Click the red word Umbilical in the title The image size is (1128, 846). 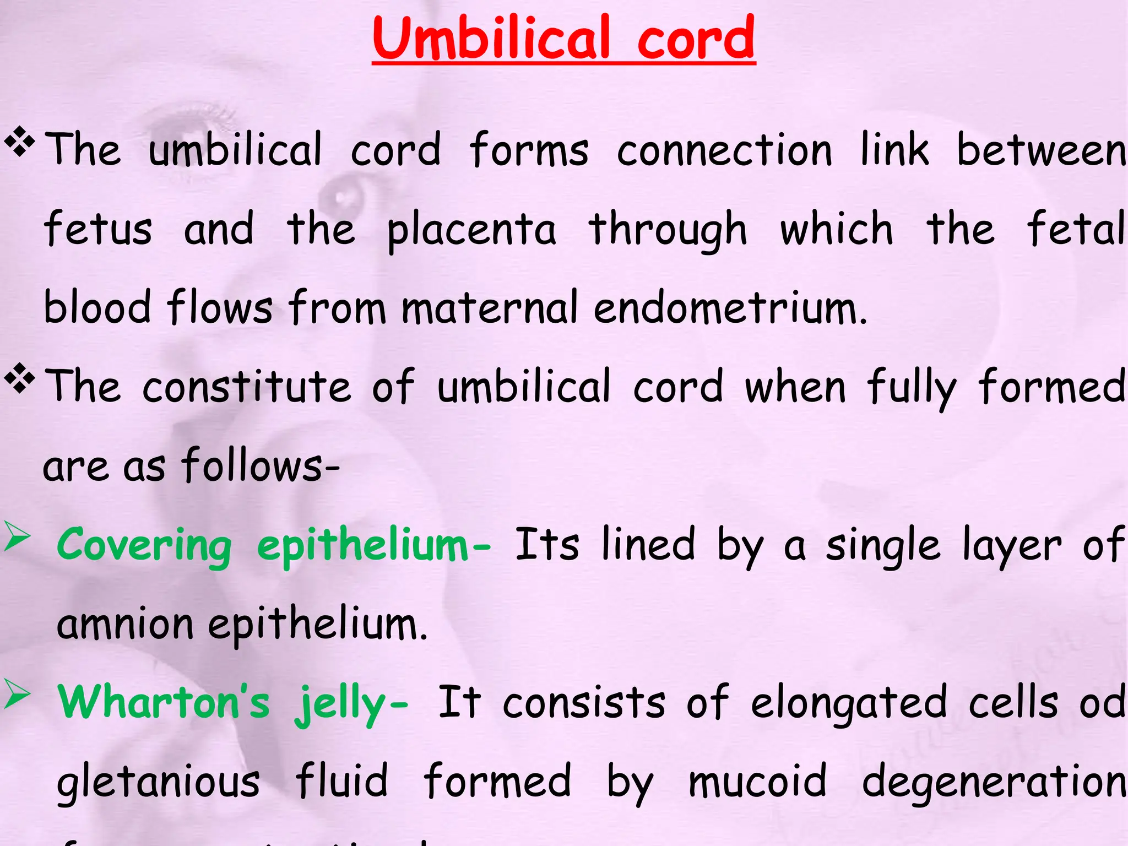tap(491, 39)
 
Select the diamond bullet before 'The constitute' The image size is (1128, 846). tap(20, 378)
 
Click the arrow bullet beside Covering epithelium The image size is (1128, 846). tap(18, 537)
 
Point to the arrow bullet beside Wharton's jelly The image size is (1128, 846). tap(18, 695)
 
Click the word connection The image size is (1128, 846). tap(724, 150)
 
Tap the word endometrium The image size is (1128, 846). tap(730, 307)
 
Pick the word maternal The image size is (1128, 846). tap(490, 307)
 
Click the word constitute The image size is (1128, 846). tap(246, 387)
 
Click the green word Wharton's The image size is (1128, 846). tap(164, 702)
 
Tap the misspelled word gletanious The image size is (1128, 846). tap(158, 782)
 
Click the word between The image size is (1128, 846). tap(1042, 150)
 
